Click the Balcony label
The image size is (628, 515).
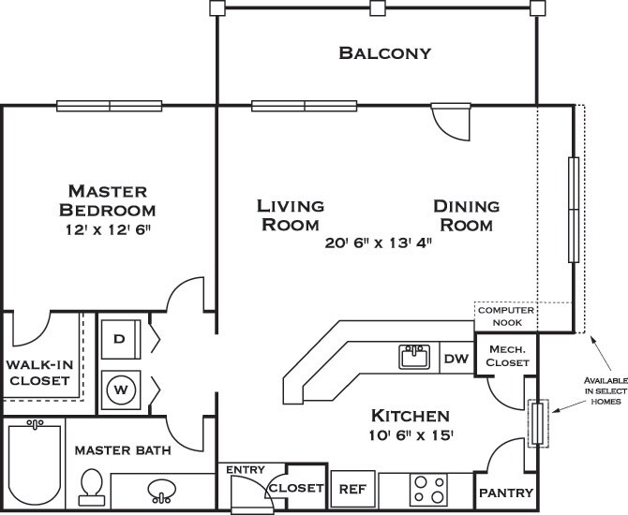point(385,52)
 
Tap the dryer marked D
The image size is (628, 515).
point(121,339)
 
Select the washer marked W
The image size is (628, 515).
point(121,390)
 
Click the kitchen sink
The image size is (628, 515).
point(414,357)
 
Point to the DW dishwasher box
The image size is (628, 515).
point(456,358)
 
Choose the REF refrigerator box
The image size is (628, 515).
point(352,489)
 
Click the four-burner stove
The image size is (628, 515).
point(428,490)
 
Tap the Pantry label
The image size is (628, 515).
point(506,493)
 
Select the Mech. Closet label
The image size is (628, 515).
point(507,356)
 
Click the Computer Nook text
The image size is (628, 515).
point(506,316)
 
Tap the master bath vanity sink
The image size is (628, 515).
point(161,491)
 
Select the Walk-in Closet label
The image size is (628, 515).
point(39,373)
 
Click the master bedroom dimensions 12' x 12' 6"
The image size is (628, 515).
point(108,230)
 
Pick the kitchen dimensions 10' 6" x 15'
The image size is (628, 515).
point(411,435)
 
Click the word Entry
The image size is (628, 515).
point(246,469)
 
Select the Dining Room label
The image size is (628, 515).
point(467,215)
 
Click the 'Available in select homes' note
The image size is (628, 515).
point(606,390)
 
